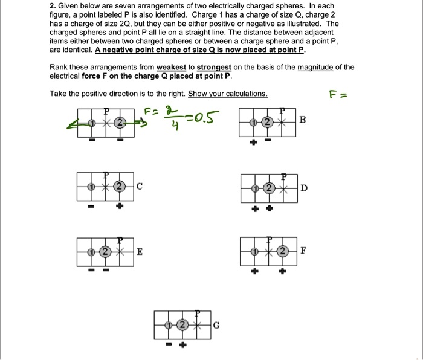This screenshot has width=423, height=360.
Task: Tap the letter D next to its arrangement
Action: pos(303,188)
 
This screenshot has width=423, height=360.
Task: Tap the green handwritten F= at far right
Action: pos(338,95)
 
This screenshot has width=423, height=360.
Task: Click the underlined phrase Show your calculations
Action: pos(228,94)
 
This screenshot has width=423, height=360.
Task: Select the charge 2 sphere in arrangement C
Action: pos(119,186)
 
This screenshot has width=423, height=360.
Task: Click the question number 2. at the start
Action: pos(53,5)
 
